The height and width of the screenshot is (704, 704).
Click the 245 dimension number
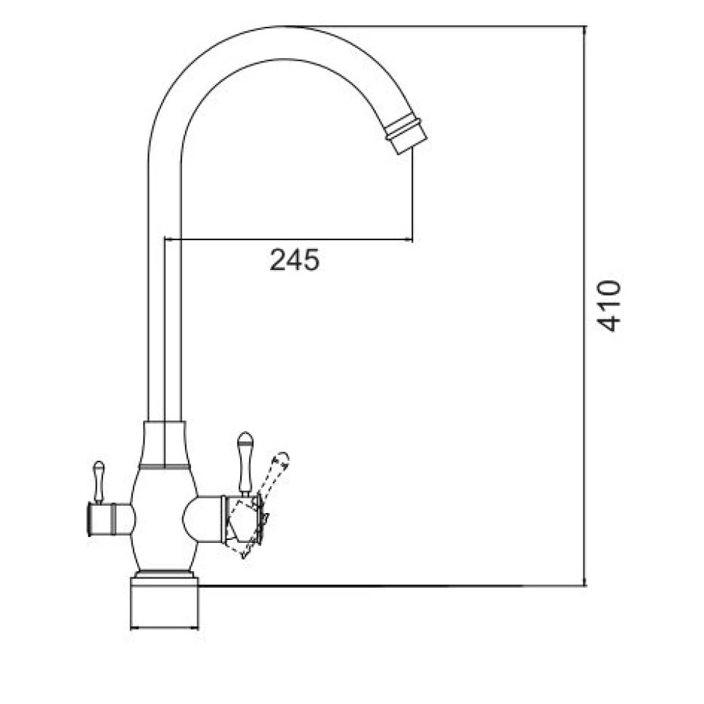pos(295,260)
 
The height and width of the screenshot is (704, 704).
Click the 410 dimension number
pos(609,306)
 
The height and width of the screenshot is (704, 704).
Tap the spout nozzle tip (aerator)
pos(406,134)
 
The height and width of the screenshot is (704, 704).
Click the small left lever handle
pos(98,482)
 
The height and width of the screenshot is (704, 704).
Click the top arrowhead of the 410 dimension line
pos(584,30)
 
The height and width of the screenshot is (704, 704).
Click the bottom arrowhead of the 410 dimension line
pos(584,582)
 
